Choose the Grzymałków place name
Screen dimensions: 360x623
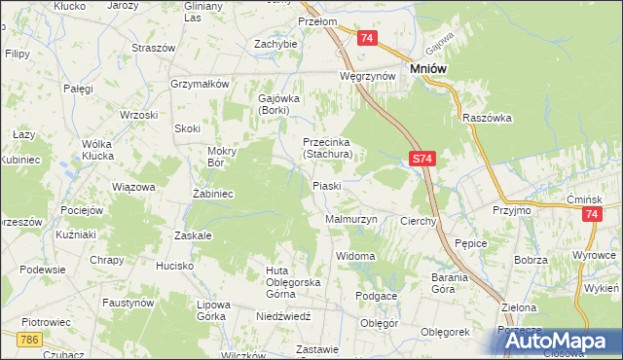[x=199, y=84]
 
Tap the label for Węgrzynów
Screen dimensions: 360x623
[x=366, y=75]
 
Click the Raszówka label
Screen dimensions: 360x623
[x=488, y=117]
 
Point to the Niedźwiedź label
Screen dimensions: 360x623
[x=283, y=316]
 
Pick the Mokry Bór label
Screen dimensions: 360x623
[x=229, y=157]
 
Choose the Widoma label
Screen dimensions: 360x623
[x=354, y=256]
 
